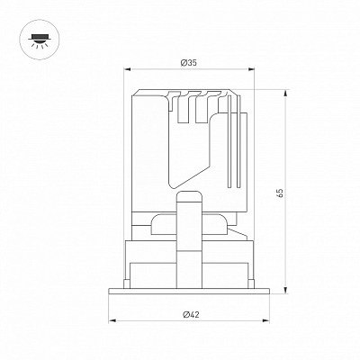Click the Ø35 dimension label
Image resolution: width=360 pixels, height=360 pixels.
(189, 63)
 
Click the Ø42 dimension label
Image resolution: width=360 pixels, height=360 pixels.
(191, 314)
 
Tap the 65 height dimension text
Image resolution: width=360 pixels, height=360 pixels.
(280, 193)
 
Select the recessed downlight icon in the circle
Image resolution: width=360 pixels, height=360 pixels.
(40, 40)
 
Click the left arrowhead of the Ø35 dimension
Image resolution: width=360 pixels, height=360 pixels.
(128, 69)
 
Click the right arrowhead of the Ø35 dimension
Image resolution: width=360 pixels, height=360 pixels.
(250, 69)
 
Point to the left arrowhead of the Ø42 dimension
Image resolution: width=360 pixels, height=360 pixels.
(112, 321)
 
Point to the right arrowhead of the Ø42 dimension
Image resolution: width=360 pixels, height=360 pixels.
(265, 321)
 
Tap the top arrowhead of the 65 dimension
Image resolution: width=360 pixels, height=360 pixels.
(285, 94)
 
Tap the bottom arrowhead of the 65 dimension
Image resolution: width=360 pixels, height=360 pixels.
(285, 290)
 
